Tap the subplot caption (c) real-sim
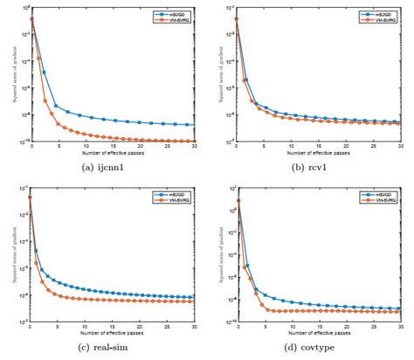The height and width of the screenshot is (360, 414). pos(103,349)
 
